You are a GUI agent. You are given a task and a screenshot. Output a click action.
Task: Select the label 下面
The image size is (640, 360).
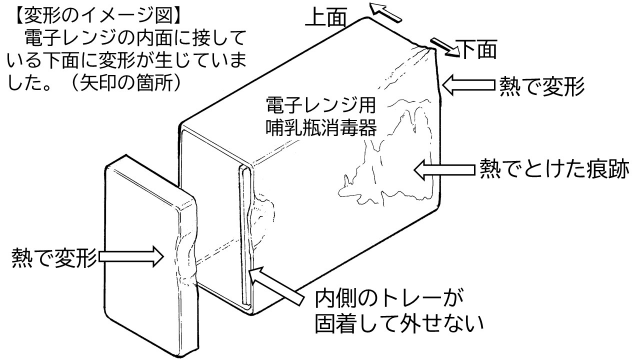(x=477, y=47)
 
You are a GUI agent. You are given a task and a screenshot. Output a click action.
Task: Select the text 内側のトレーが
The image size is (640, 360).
(x=384, y=300)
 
